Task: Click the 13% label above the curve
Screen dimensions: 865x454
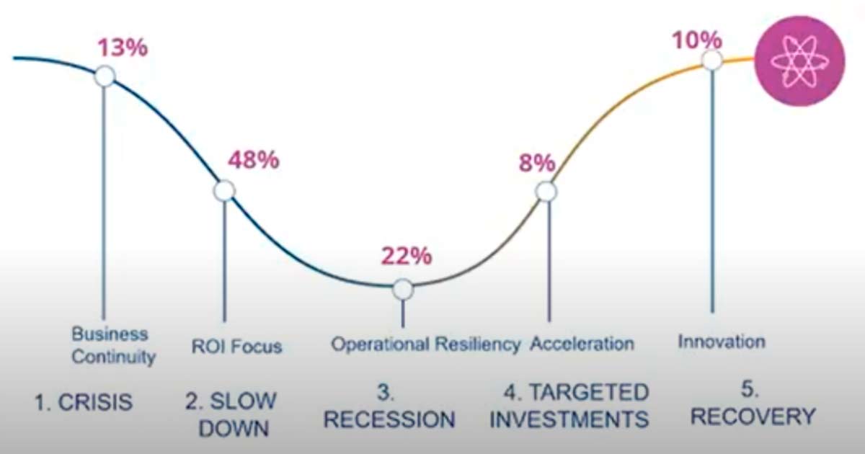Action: click(123, 48)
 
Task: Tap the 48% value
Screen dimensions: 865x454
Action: click(253, 160)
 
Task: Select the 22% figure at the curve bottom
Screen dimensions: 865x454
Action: click(407, 256)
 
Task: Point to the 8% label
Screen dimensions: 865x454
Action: click(537, 163)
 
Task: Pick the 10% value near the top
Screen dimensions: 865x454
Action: click(697, 40)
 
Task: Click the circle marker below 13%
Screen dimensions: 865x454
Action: click(105, 76)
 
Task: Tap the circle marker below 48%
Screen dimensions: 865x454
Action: click(224, 191)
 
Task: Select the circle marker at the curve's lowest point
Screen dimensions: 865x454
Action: click(403, 289)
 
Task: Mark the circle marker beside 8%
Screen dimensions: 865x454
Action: click(546, 192)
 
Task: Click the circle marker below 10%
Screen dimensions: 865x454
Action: click(712, 61)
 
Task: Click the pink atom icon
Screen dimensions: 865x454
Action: click(799, 61)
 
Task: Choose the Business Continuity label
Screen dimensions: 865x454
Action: click(114, 345)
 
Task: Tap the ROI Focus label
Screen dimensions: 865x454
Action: click(236, 347)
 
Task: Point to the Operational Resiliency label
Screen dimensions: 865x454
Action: click(426, 344)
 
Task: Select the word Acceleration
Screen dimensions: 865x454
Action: click(582, 344)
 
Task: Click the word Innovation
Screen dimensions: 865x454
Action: click(722, 342)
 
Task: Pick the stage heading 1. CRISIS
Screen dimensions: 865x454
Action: click(84, 402)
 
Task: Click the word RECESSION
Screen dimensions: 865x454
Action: click(389, 419)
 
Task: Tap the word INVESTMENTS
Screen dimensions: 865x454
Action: click(569, 419)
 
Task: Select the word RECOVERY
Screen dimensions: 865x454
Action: click(753, 417)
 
